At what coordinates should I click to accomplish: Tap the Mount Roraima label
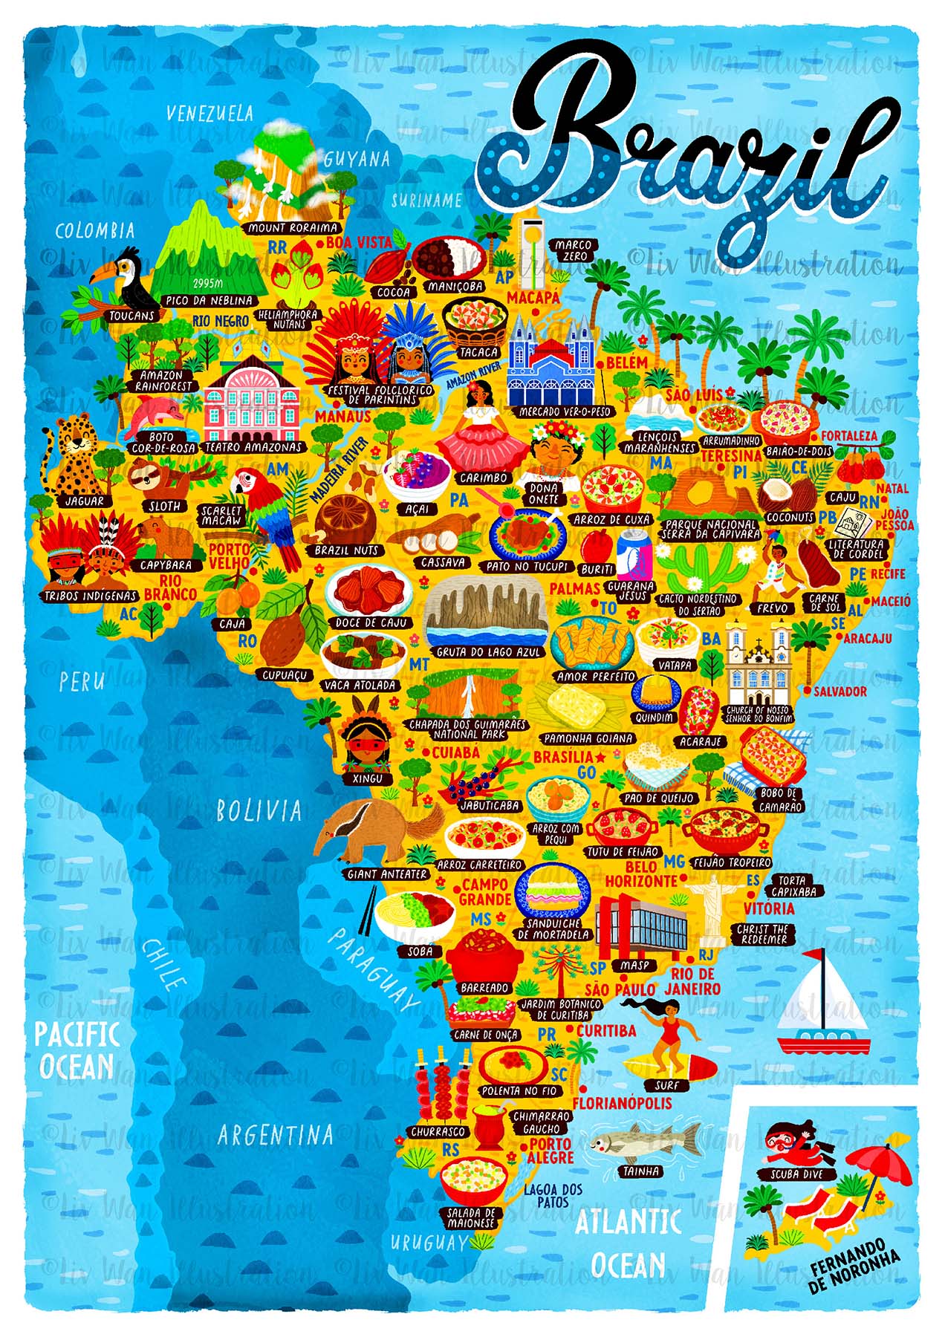[x=293, y=228]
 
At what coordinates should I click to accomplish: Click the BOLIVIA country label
[x=259, y=810]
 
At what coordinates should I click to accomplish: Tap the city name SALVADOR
[x=840, y=692]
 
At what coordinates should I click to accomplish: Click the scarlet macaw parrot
[x=264, y=509]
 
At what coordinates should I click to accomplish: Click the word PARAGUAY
[x=372, y=970]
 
